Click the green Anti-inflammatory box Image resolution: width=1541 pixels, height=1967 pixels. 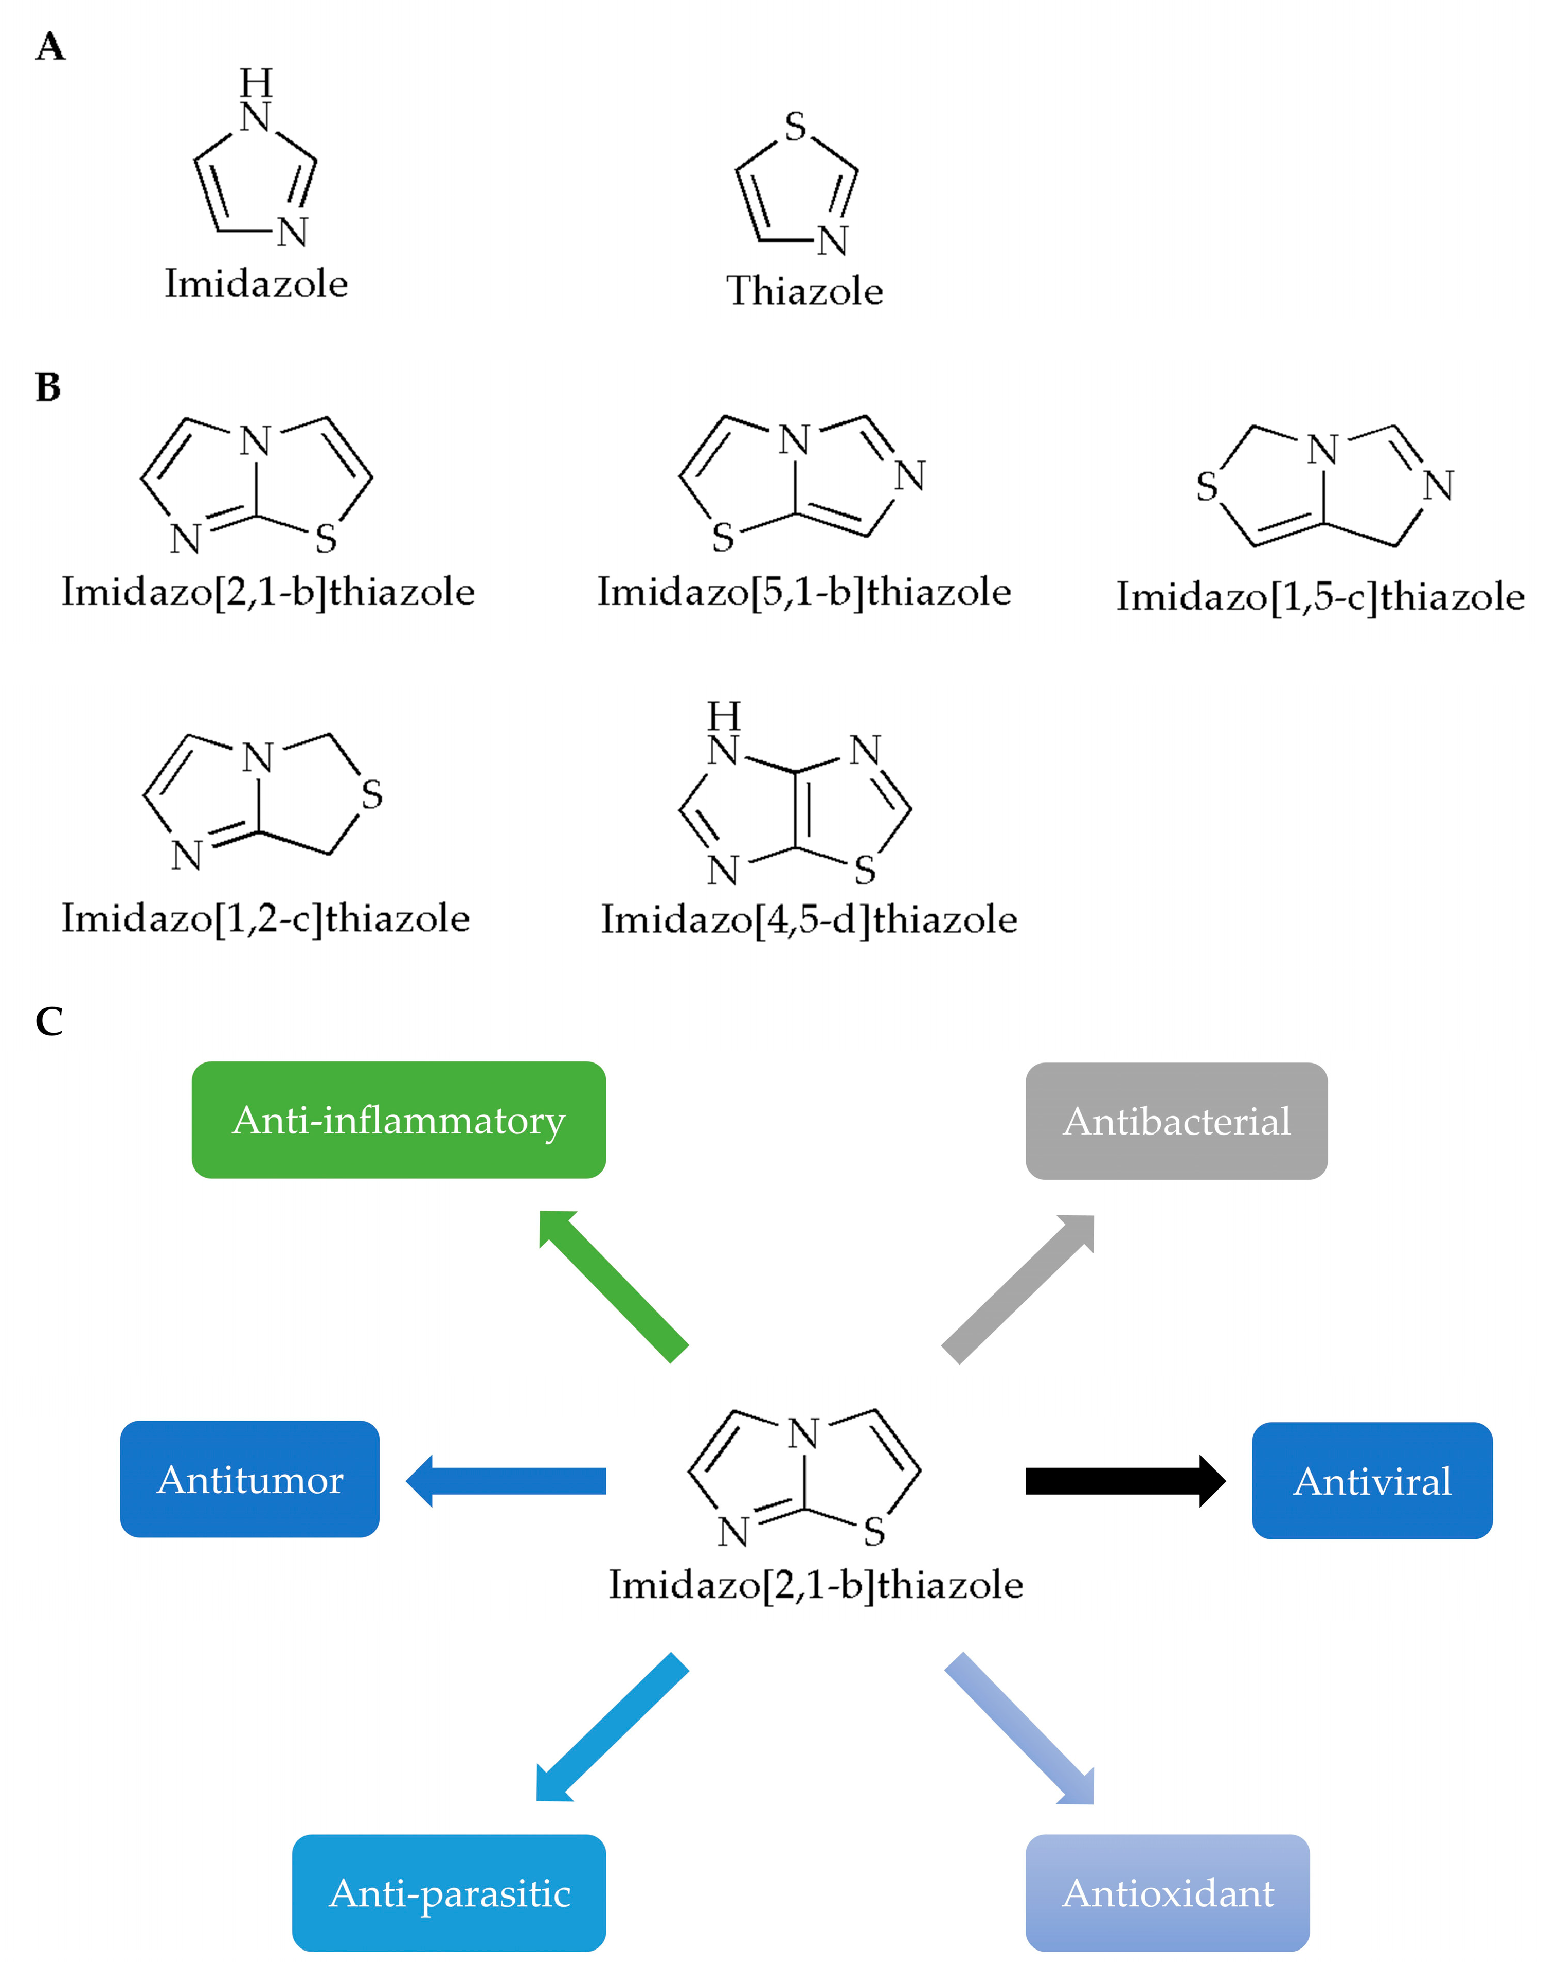[x=398, y=1119]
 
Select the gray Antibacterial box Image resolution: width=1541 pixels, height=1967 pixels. [x=1176, y=1121]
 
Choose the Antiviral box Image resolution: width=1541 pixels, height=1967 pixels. [x=1371, y=1481]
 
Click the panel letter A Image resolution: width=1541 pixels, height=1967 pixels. [x=50, y=47]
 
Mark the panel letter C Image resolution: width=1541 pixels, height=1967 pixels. [x=49, y=1021]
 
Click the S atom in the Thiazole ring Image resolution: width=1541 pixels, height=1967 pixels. [x=795, y=127]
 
